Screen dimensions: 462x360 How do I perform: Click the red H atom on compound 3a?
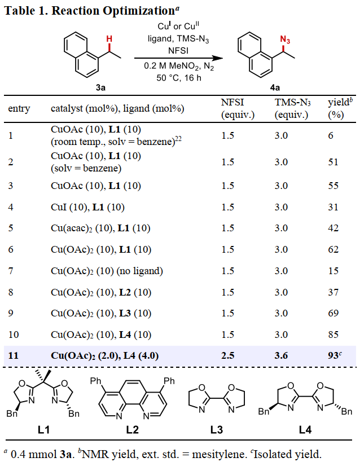point(110,39)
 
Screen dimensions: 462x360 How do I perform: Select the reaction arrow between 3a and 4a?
point(176,58)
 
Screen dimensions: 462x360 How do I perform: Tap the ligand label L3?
point(216,430)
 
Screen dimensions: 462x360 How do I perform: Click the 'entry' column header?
point(19,108)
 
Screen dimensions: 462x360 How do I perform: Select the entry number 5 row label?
point(11,229)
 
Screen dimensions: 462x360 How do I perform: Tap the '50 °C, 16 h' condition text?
point(179,77)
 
